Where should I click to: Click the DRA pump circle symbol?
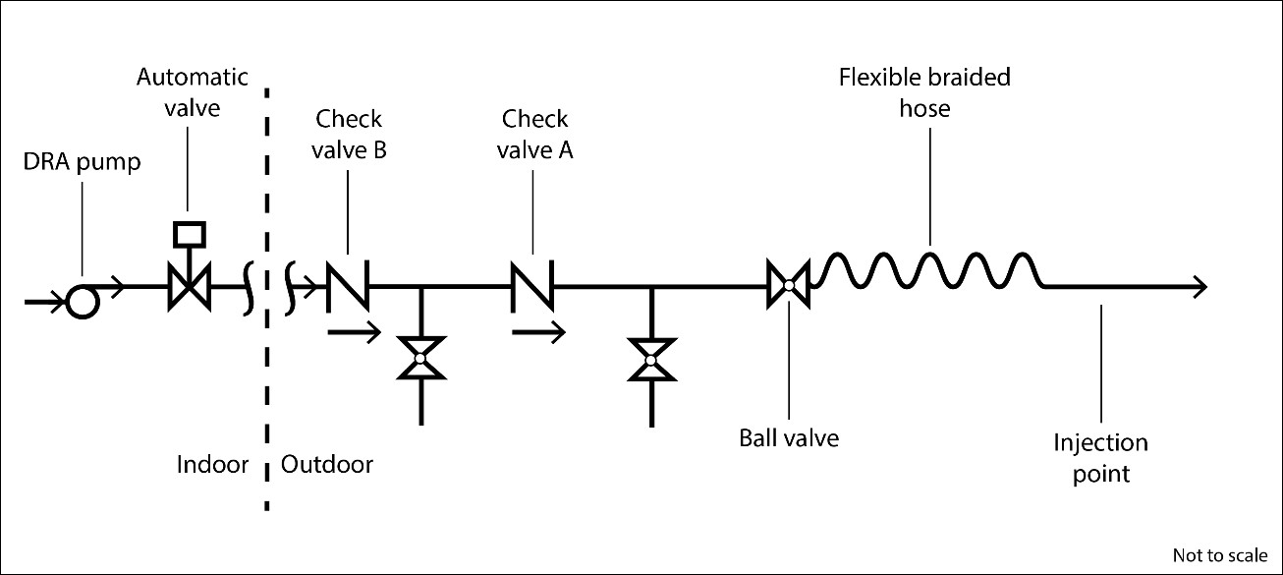click(x=83, y=302)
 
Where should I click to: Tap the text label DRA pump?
click(x=83, y=163)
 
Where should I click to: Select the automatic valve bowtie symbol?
click(x=188, y=288)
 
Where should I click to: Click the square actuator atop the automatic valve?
click(x=188, y=234)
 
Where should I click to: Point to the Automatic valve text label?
click(x=193, y=91)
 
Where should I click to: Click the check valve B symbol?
click(x=348, y=286)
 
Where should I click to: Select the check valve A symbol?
click(x=531, y=286)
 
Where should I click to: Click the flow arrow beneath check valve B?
click(x=353, y=334)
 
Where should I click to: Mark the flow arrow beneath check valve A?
click(x=538, y=334)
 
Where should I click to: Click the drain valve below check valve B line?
click(x=420, y=359)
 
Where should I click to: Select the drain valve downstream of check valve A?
click(x=650, y=361)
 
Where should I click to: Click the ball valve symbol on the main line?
click(x=788, y=286)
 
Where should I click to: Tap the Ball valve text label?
click(x=789, y=437)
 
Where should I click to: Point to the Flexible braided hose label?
click(x=924, y=91)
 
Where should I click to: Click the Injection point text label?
click(x=1100, y=458)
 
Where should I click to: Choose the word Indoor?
click(x=213, y=464)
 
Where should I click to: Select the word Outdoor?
click(x=327, y=464)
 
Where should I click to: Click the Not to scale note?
click(x=1220, y=554)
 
